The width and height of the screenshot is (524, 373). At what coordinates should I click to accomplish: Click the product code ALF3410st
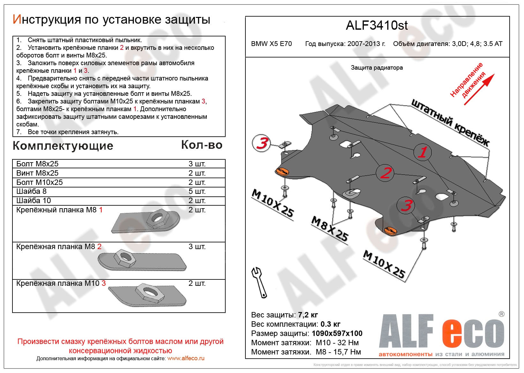377,26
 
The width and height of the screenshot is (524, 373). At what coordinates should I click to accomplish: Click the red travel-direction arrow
479,89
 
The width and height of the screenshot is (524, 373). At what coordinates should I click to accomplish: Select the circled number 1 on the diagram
423,152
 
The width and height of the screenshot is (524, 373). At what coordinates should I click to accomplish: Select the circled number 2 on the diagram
385,173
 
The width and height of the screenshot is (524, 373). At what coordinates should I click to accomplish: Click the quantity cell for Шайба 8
197,191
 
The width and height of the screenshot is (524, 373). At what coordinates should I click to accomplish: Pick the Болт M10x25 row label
40,182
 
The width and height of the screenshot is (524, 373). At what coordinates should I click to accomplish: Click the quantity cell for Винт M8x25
197,173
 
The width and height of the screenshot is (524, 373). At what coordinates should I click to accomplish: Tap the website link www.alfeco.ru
186,358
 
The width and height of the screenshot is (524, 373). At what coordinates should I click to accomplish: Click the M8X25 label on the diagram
330,229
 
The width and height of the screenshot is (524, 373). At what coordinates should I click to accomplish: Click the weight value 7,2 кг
308,315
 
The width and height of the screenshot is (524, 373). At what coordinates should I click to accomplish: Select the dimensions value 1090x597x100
337,333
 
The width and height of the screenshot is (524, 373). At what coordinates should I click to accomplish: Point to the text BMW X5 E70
271,44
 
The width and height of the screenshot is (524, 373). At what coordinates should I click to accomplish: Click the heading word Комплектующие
63,146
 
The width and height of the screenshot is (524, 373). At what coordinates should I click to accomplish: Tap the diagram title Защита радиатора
377,68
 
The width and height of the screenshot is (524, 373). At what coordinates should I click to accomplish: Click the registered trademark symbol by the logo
501,314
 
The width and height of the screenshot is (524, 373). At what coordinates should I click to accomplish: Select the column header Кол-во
202,145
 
